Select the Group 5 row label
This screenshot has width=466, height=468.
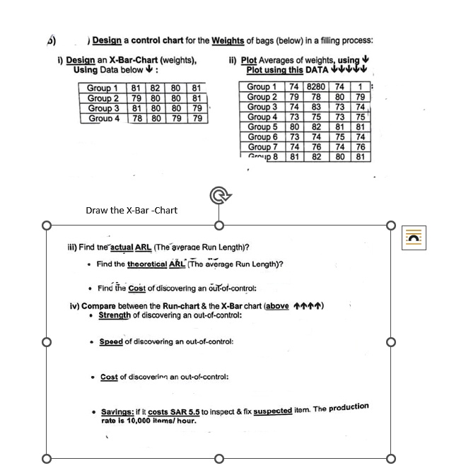(x=262, y=127)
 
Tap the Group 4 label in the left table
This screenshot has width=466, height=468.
(x=103, y=119)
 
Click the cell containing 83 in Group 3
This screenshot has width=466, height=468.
(x=316, y=107)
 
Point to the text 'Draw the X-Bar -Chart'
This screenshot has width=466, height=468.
(x=132, y=210)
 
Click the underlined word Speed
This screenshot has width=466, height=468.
(x=111, y=341)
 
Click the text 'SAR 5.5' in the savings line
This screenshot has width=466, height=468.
(x=186, y=411)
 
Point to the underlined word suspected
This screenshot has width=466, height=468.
(x=273, y=410)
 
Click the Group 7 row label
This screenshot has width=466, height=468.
(x=262, y=147)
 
